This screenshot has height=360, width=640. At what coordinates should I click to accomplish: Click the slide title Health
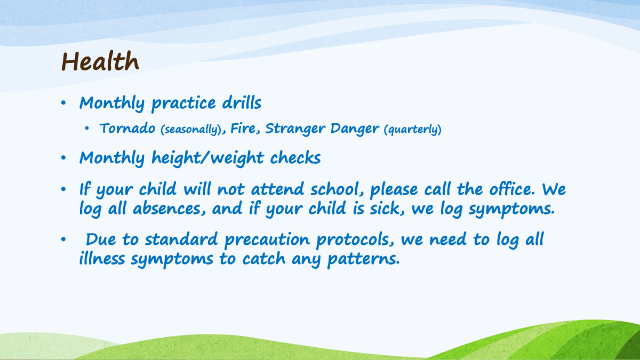coord(100,61)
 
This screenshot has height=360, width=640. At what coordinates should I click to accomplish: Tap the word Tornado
coord(127,128)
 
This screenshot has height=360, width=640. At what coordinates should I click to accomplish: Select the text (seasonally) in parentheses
coord(191,130)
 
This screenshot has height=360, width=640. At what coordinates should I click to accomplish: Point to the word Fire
coord(243,129)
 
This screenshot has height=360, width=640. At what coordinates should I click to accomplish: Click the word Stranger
coord(295,129)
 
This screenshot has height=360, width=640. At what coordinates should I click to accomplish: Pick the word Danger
coord(355,129)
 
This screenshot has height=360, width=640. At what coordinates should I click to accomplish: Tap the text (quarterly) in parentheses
coord(413,130)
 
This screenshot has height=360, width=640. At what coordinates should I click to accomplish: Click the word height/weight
coord(207,158)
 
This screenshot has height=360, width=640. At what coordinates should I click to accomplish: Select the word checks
coord(295,157)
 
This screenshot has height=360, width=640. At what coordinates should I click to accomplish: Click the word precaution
coord(267,240)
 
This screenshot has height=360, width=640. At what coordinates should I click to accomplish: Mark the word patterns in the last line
coord(363,259)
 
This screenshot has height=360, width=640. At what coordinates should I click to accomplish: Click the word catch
coord(264,258)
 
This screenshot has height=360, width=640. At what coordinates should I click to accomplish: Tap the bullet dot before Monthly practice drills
coord(63,102)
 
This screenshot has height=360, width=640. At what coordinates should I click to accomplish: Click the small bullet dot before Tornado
coord(87,129)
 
